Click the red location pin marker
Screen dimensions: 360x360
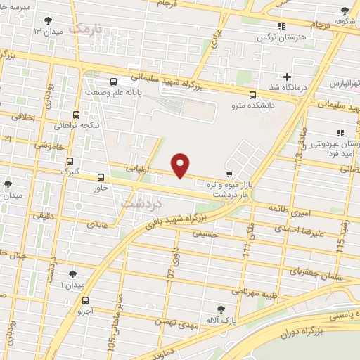pyautogui.click(x=181, y=165)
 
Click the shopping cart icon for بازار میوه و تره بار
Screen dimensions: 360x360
pyautogui.click(x=229, y=173)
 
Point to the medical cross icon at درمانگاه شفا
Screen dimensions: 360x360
pyautogui.click(x=287, y=77)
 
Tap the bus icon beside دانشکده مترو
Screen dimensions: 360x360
pyautogui.click(x=253, y=96)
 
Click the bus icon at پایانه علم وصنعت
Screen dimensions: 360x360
pyautogui.click(x=114, y=81)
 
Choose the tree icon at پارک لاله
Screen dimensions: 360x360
pyautogui.click(x=221, y=309)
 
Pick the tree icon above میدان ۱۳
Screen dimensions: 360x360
pyautogui.click(x=48, y=21)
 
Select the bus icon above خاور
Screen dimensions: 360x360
pyautogui.click(x=101, y=177)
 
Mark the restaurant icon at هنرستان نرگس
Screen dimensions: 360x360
pyautogui.click(x=282, y=26)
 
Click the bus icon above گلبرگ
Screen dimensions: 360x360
pyautogui.click(x=68, y=161)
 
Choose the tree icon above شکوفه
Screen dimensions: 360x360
pyautogui.click(x=344, y=11)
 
